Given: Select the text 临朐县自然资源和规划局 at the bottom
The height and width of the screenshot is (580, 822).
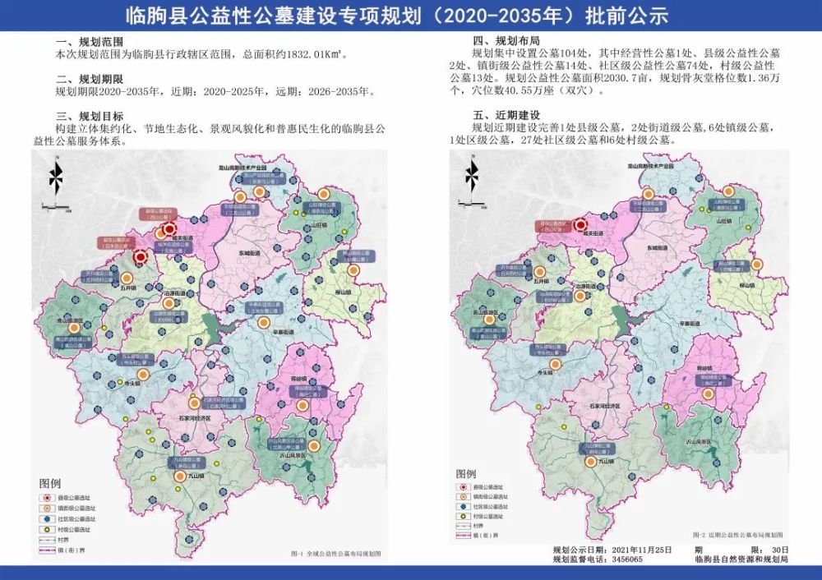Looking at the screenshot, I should (x=741, y=559).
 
